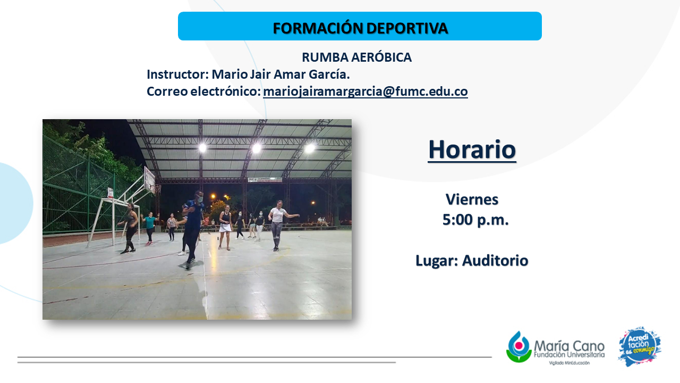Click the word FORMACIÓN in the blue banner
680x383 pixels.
point(318,28)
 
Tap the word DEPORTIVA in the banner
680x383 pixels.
point(407,28)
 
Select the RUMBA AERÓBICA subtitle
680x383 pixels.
point(356,57)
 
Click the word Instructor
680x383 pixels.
point(177,74)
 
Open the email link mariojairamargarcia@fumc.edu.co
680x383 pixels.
point(365,91)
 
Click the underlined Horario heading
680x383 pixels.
point(472,149)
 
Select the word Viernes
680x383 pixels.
point(472,199)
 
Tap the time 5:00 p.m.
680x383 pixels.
point(475,220)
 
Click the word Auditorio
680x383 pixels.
point(495,261)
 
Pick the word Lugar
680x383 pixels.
point(437,261)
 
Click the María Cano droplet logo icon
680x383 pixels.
point(519,347)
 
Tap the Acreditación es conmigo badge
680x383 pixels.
point(640,346)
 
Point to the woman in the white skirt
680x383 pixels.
point(225,227)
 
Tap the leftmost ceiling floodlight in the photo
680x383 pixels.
point(202,148)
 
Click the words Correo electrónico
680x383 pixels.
point(203,91)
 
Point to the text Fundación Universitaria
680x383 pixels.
point(569,355)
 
